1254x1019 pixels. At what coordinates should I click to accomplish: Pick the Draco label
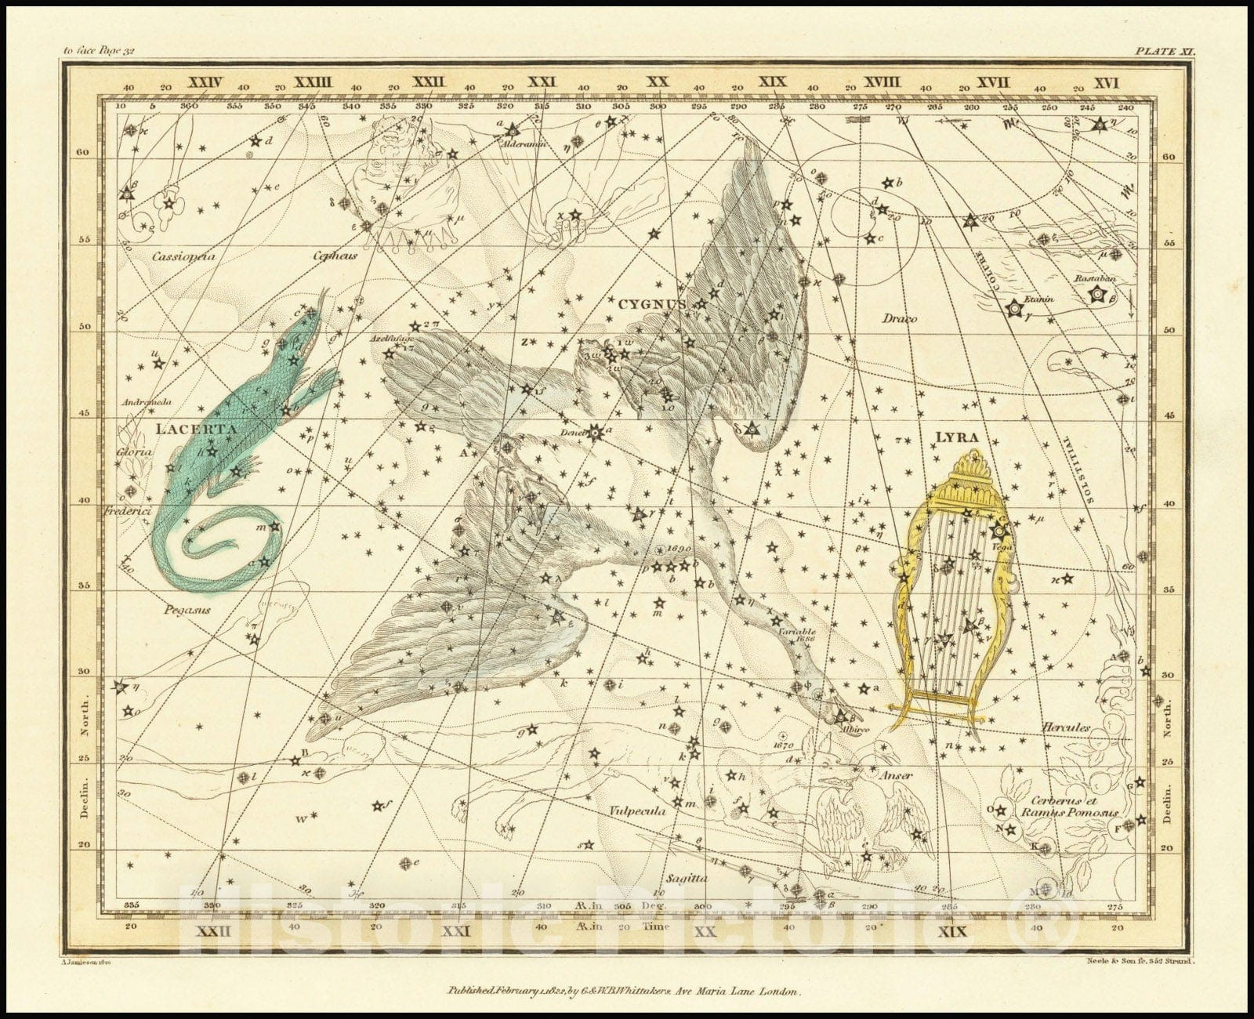click(x=899, y=318)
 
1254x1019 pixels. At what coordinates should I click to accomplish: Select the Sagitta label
click(x=686, y=879)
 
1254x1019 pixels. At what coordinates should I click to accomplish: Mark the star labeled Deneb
click(x=596, y=431)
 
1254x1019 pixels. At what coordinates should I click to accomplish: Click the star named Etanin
click(x=1015, y=309)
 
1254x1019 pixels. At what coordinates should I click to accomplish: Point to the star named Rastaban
click(x=1097, y=296)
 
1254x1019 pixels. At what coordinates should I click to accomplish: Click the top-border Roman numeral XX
click(x=657, y=82)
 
